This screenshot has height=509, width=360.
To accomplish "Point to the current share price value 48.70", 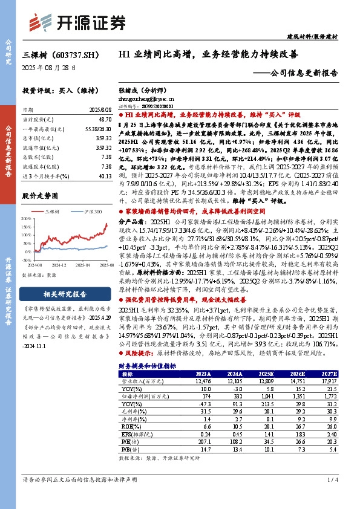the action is (x=103, y=120).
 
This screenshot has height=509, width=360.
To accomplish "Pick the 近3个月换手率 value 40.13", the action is (x=103, y=176).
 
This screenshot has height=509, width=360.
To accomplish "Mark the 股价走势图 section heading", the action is (x=40, y=196).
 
